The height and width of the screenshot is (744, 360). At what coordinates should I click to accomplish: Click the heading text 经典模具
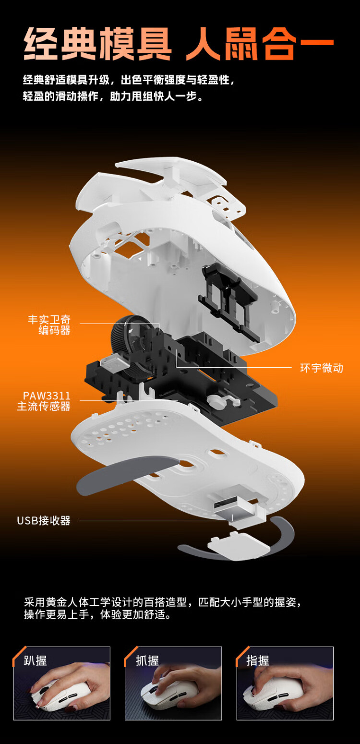[x=97, y=44]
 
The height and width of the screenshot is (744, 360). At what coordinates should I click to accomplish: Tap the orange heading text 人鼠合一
[x=260, y=44]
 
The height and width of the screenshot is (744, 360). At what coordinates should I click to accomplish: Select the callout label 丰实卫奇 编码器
[x=49, y=325]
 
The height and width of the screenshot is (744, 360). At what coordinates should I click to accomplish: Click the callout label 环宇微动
[x=322, y=368]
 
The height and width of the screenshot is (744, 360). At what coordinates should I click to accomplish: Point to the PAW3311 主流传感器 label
[x=44, y=401]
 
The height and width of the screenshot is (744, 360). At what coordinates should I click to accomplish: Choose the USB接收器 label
[x=44, y=520]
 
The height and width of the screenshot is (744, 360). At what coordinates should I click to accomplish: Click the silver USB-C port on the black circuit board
[x=114, y=361]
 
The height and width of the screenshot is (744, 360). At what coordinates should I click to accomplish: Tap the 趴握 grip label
[x=35, y=660]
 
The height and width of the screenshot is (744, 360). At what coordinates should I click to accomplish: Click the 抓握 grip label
[x=147, y=660]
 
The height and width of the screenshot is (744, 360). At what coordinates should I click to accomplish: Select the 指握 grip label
[x=258, y=660]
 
